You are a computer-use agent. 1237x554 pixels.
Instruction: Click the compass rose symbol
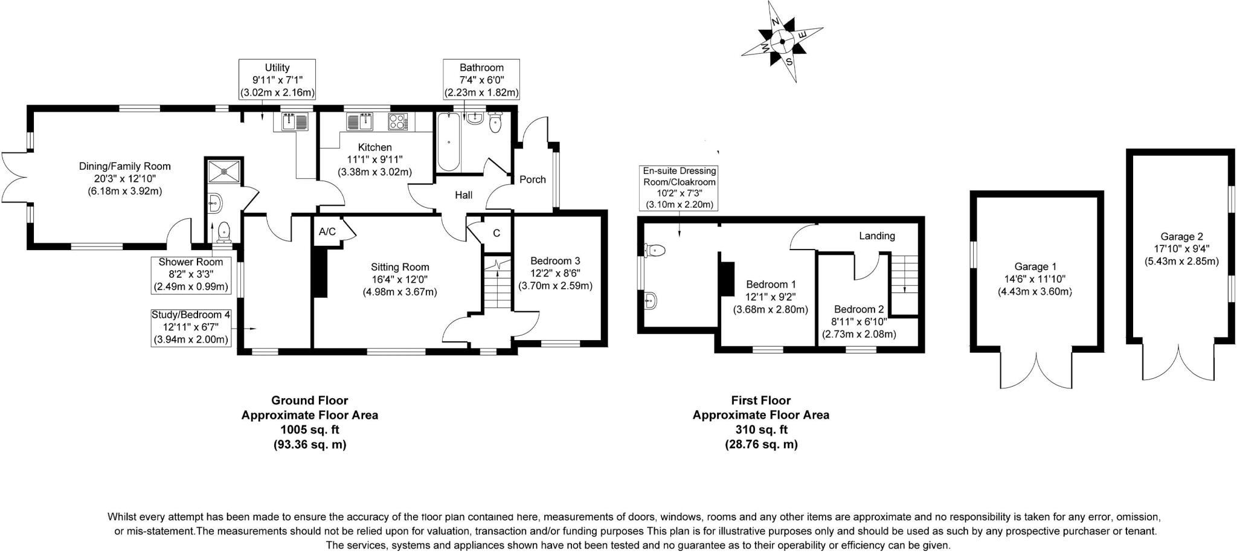pos(782,41)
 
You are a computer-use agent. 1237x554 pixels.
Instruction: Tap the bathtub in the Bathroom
pos(448,141)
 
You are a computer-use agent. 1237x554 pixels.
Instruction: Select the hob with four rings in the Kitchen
pos(398,121)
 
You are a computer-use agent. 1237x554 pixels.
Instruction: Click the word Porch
pos(532,179)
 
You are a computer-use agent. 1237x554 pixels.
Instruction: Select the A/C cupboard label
pos(327,232)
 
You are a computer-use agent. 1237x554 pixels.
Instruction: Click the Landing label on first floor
pos(876,236)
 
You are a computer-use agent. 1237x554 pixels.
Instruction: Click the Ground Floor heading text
pos(309,400)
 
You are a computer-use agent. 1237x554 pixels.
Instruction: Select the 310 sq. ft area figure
pos(760,430)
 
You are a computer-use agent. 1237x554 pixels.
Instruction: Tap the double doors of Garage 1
pos(1036,369)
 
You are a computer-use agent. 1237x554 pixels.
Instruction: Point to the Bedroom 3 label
pos(555,261)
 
